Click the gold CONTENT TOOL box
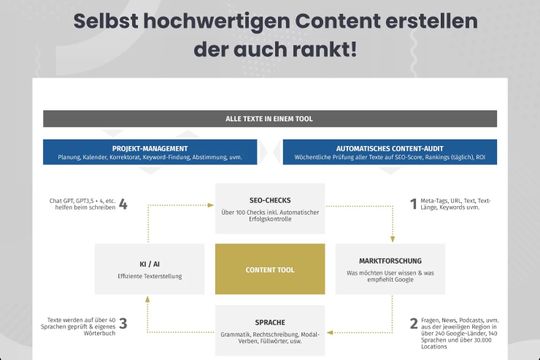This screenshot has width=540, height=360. pyautogui.click(x=269, y=269)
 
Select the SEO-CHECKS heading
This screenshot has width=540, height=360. pyautogui.click(x=269, y=200)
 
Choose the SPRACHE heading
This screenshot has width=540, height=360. pyautogui.click(x=269, y=320)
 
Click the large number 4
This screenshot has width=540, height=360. pyautogui.click(x=122, y=205)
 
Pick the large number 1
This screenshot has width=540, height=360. pyautogui.click(x=414, y=204)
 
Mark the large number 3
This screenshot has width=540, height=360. pyautogui.click(x=122, y=323)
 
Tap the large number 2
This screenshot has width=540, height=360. pyautogui.click(x=414, y=323)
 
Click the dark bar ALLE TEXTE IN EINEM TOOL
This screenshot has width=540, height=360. pyautogui.click(x=269, y=119)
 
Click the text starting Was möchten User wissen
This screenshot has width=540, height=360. pyautogui.click(x=375, y=277)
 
